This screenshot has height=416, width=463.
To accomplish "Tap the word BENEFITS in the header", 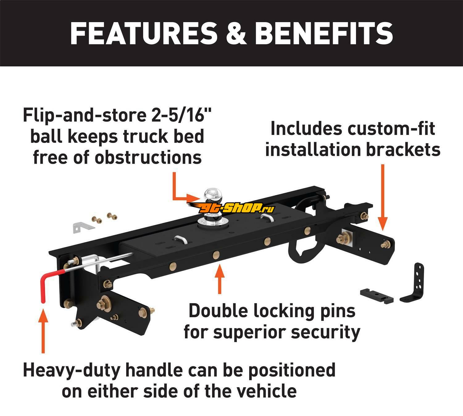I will pos(324,33).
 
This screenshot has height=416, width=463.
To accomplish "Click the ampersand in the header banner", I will pos(236,33).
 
